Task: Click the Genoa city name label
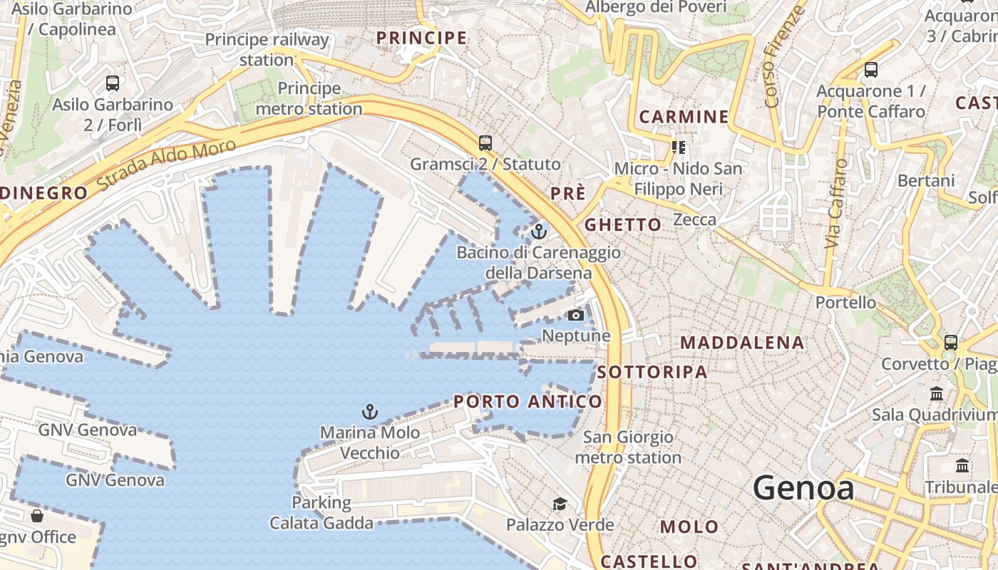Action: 803,489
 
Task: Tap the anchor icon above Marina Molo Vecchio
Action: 369,411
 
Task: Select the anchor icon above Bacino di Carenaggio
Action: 538,232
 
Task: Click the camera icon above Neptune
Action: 576,315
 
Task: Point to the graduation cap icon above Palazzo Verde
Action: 560,504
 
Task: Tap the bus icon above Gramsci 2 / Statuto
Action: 485,143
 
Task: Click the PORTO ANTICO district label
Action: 528,402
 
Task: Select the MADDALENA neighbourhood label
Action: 742,343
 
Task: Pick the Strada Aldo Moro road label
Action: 165,165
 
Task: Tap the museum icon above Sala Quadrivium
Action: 937,393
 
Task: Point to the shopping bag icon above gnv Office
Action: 36,515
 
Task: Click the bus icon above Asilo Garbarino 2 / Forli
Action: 113,83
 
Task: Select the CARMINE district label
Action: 684,117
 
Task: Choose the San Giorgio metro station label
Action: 628,447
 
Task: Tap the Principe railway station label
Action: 267,49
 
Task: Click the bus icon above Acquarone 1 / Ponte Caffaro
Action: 870,70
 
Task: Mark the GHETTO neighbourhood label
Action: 623,225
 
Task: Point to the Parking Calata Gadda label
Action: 321,512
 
